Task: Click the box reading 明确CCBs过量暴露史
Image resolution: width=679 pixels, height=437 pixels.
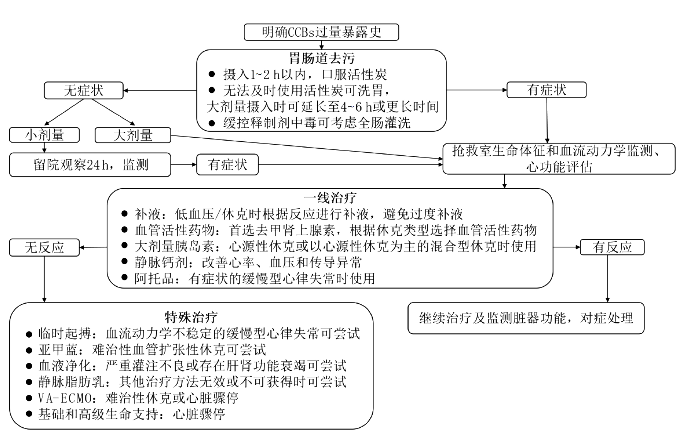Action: point(321,32)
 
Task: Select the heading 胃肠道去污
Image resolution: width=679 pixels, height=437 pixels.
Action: point(321,58)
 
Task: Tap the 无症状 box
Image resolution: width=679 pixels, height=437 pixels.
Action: point(83,90)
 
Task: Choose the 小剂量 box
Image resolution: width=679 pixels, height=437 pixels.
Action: point(44,135)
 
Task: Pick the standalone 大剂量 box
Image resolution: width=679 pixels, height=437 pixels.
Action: point(132,135)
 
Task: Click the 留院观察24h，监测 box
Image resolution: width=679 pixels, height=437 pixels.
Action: point(90,165)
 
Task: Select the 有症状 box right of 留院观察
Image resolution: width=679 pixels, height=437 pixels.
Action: point(227,165)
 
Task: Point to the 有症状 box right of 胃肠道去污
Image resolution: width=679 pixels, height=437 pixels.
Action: point(546,90)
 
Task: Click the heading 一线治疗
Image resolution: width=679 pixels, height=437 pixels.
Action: point(330,198)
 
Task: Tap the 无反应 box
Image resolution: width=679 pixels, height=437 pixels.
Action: point(44,248)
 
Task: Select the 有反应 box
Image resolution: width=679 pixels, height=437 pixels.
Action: point(612,247)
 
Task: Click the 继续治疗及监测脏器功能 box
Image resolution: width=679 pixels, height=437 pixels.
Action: point(526,318)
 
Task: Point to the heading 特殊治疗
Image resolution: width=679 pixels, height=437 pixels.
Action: point(191,317)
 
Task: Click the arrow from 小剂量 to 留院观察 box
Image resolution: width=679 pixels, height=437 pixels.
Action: point(44,148)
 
